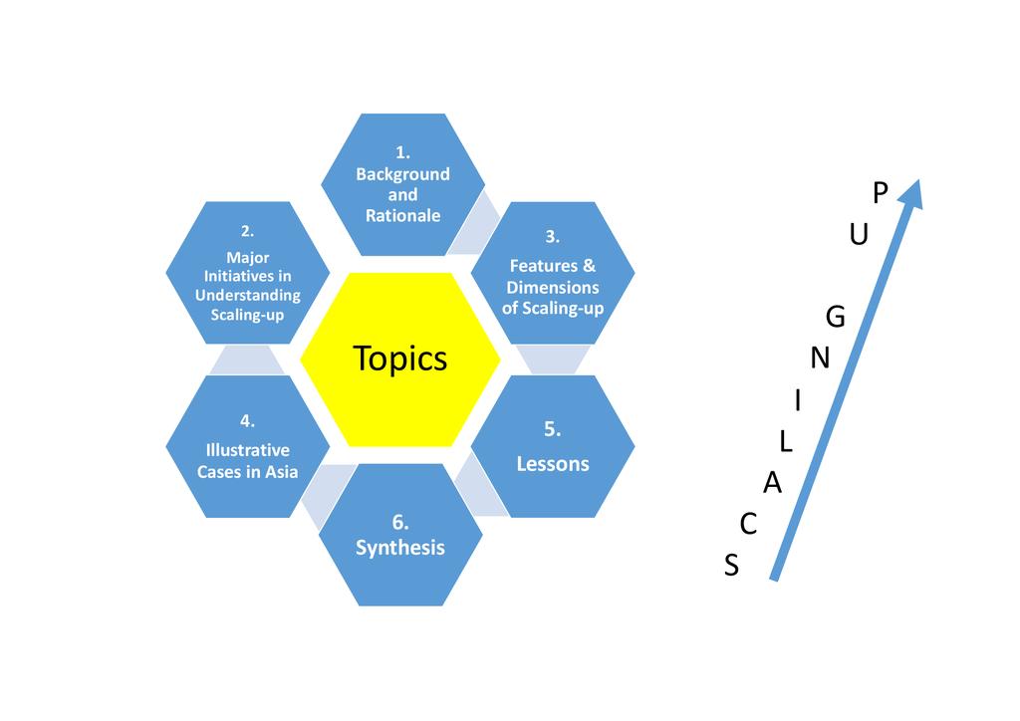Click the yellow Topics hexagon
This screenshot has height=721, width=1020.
point(400,360)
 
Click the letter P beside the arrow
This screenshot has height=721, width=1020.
point(879,193)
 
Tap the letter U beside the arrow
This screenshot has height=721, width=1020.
point(859,235)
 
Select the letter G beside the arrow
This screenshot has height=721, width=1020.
point(836,318)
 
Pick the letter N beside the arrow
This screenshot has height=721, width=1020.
point(820,358)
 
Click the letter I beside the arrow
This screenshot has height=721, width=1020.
point(798,400)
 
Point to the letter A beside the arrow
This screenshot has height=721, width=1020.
point(772,484)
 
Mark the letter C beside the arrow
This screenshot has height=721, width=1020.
point(749,524)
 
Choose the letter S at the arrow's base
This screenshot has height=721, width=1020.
point(732,566)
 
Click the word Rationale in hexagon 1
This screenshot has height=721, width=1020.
point(402,216)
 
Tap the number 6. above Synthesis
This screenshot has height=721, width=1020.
point(400,522)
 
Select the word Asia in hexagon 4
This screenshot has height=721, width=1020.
point(280,472)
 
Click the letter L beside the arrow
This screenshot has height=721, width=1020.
point(786,442)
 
